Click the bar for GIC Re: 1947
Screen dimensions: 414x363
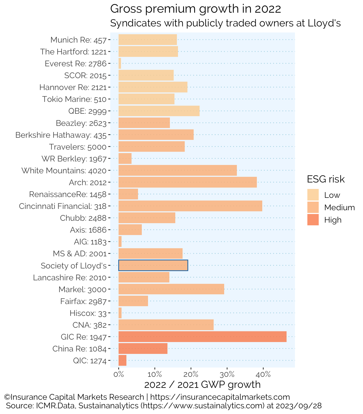(x=202, y=337)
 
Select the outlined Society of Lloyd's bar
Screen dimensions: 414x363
(x=153, y=265)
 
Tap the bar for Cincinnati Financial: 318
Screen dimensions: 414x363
(x=190, y=206)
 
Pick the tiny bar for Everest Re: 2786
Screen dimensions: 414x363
(x=120, y=63)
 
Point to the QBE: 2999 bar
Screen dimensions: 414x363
(x=159, y=111)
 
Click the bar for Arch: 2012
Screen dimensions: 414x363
(x=187, y=182)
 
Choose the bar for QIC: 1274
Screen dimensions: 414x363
(x=122, y=360)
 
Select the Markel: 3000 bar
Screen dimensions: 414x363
(x=171, y=289)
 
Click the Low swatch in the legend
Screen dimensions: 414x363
(x=313, y=195)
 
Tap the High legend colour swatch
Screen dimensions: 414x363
(x=313, y=220)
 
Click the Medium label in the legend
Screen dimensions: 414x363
(x=340, y=208)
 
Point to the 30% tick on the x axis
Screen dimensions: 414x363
(x=227, y=374)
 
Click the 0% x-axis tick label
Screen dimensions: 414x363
(x=119, y=374)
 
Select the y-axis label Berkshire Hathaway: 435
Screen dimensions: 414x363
(x=61, y=135)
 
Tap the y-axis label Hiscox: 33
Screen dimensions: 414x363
(x=88, y=313)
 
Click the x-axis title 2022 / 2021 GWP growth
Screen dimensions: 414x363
(x=202, y=385)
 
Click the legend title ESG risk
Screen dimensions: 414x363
(x=326, y=179)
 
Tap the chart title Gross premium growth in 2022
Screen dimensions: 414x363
(x=196, y=9)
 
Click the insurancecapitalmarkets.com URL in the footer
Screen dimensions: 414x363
(x=220, y=397)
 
